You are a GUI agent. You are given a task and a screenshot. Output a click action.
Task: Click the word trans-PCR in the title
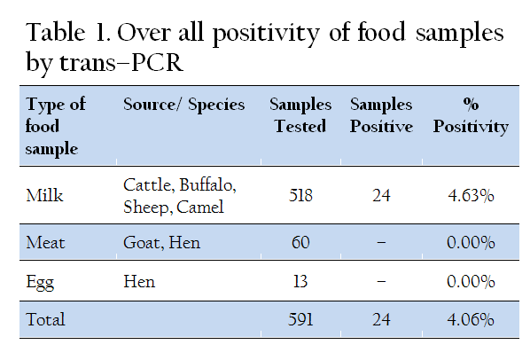point(121,62)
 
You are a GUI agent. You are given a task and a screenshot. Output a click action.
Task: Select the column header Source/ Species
point(183,104)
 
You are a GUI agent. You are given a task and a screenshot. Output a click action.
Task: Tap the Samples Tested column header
point(300,115)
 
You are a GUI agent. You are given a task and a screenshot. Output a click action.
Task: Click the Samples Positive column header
point(381,115)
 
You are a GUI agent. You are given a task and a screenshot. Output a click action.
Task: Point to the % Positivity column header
point(471,116)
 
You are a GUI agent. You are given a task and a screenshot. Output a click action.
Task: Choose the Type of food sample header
point(56,127)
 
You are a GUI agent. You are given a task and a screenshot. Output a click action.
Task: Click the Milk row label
point(44,195)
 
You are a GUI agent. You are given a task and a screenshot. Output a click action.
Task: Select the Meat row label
point(45,242)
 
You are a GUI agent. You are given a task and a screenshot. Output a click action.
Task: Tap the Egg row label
point(40,282)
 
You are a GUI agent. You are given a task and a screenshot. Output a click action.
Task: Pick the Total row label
point(45,319)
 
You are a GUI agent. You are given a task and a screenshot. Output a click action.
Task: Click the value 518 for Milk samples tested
point(300,195)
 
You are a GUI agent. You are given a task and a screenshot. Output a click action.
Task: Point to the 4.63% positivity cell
point(471,195)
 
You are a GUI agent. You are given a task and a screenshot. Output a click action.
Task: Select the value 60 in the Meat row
point(300,242)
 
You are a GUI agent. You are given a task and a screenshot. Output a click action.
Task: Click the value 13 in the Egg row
point(300,281)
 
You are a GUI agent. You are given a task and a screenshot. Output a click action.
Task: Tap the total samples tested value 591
point(300,319)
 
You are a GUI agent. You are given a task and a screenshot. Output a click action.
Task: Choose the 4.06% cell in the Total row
point(471,319)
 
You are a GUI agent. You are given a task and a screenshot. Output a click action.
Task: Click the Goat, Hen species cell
point(161,242)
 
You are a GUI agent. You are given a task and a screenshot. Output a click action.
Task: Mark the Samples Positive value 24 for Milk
point(381,195)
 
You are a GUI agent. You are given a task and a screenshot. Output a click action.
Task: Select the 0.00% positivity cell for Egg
point(471,281)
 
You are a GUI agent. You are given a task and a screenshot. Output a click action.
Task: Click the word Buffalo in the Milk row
point(207,185)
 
